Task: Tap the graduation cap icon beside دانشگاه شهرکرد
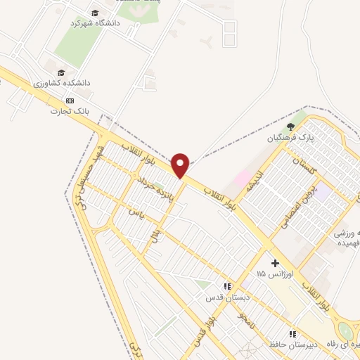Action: pyautogui.click(x=95, y=13)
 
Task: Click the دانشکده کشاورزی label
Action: pyautogui.click(x=61, y=83)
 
